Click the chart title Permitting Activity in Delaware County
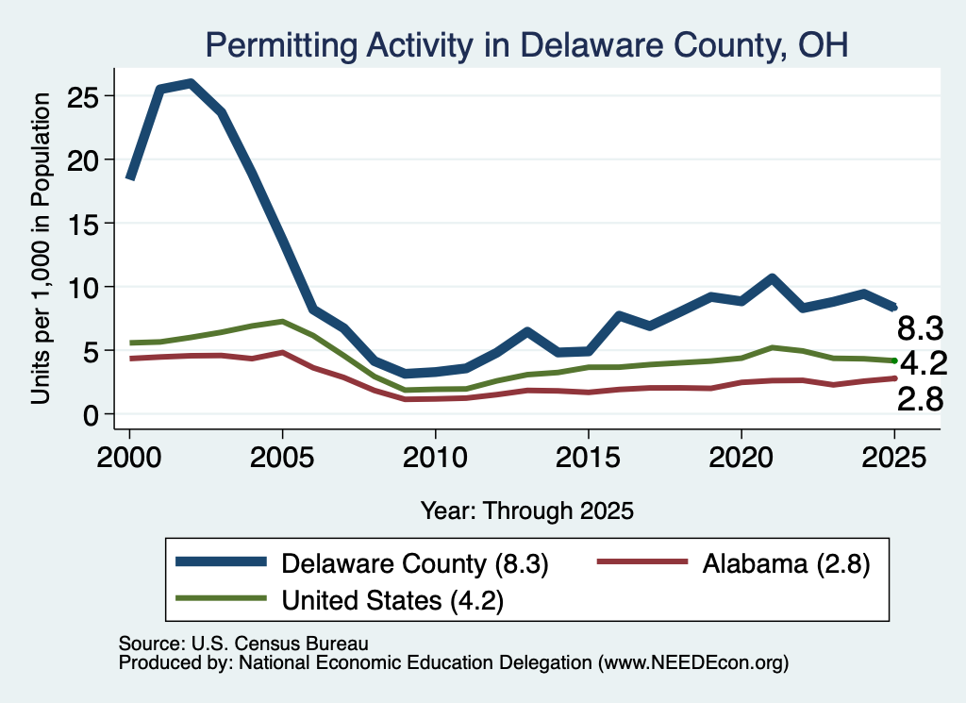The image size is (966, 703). (526, 45)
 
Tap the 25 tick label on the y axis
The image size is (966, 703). (83, 96)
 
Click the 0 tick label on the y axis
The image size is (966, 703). (92, 415)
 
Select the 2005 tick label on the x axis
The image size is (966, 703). (282, 458)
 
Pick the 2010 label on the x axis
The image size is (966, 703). (435, 458)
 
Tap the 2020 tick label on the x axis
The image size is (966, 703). (741, 458)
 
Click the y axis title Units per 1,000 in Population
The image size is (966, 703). (41, 248)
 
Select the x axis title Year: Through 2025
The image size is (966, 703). (526, 511)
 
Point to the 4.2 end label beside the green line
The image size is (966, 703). (924, 363)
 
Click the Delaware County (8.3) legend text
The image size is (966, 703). (415, 563)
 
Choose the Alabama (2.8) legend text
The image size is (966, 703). (786, 563)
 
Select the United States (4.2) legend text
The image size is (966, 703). (392, 600)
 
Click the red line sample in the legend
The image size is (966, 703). (642, 561)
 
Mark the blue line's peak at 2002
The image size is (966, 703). (191, 82)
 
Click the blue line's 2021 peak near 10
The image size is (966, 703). (772, 277)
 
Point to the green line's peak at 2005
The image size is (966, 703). (282, 322)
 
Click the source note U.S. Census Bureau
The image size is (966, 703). (243, 644)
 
